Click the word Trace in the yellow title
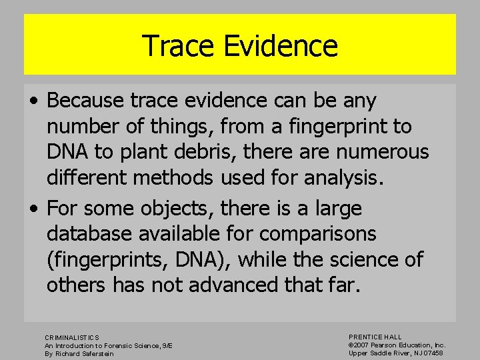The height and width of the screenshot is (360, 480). click(178, 46)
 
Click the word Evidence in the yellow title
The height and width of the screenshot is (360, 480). click(280, 46)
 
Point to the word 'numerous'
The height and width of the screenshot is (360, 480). click(383, 152)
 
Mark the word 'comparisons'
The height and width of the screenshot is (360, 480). click(319, 234)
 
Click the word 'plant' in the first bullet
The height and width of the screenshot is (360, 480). click(136, 152)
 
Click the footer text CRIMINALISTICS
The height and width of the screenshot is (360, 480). click(72, 338)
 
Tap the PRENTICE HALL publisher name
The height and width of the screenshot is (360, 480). click(375, 337)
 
